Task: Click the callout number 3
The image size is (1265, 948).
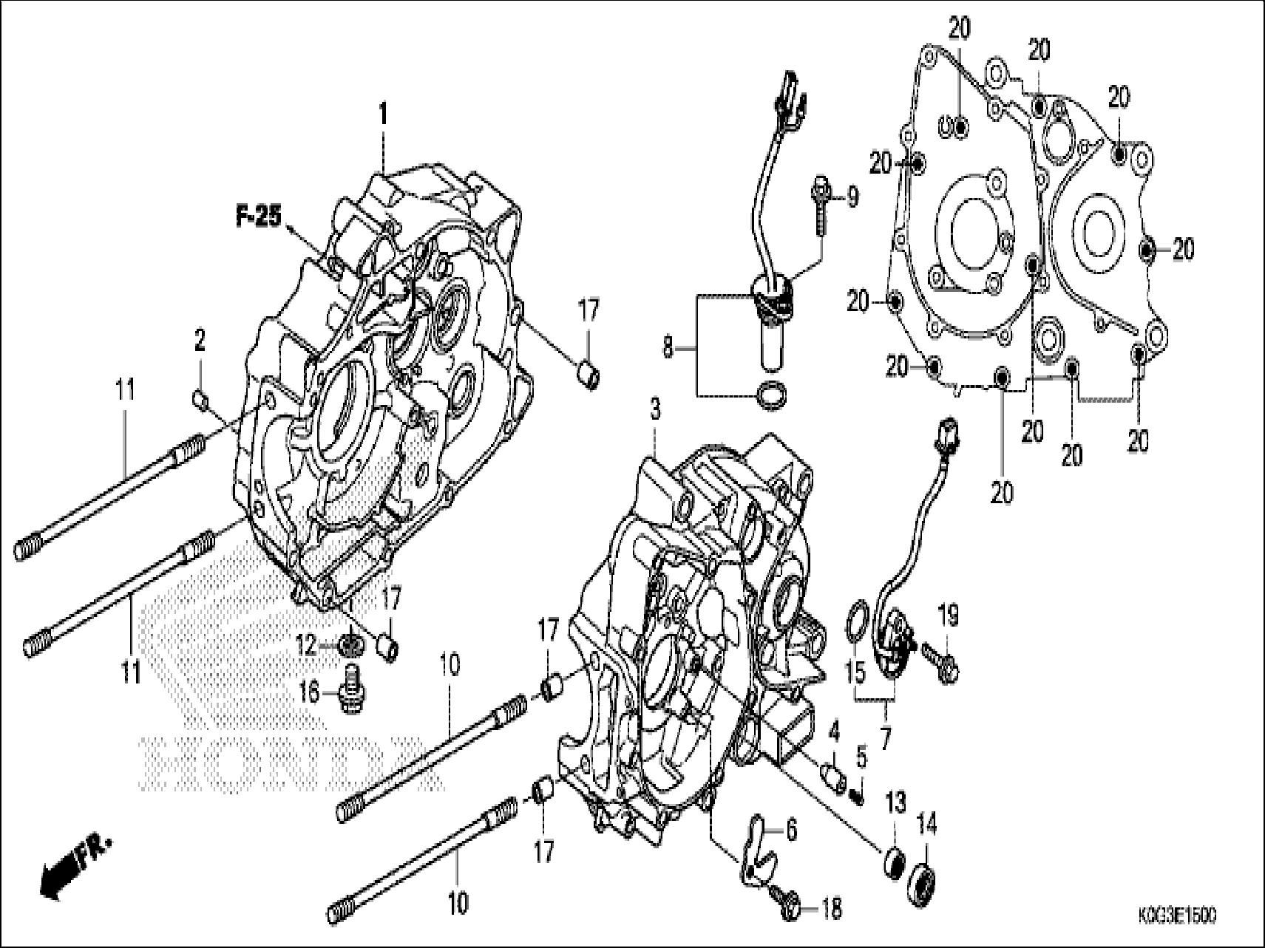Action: point(655,409)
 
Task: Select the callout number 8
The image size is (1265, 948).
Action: point(668,347)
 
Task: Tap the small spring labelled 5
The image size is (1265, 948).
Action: point(858,796)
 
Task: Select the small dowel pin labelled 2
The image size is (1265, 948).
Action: point(199,400)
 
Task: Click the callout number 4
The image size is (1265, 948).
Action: point(834,734)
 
